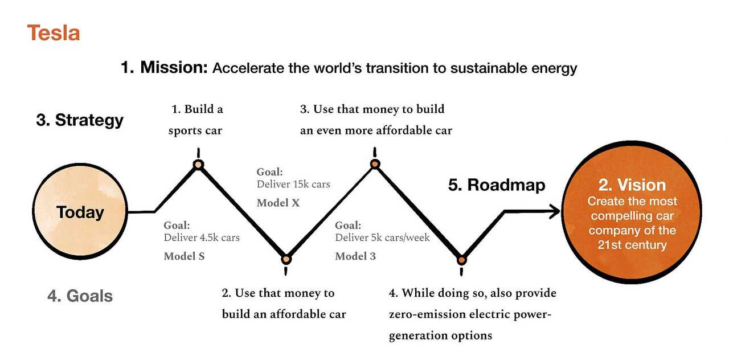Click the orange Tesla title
coord(53,33)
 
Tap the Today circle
coord(80,212)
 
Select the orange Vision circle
coord(632,212)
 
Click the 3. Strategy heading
coord(80,120)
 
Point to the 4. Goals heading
coord(80,296)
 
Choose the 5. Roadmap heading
coord(497,185)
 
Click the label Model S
coord(184,256)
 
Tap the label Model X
coord(278,203)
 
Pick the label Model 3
coord(355,256)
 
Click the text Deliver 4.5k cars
coord(202,238)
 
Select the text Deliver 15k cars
coord(293,185)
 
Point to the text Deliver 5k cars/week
coord(382,238)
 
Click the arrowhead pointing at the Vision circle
coord(554,212)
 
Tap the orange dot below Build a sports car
coord(198,165)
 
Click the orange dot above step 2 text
coord(286,259)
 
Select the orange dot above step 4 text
coord(462,260)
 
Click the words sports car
coord(195,130)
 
